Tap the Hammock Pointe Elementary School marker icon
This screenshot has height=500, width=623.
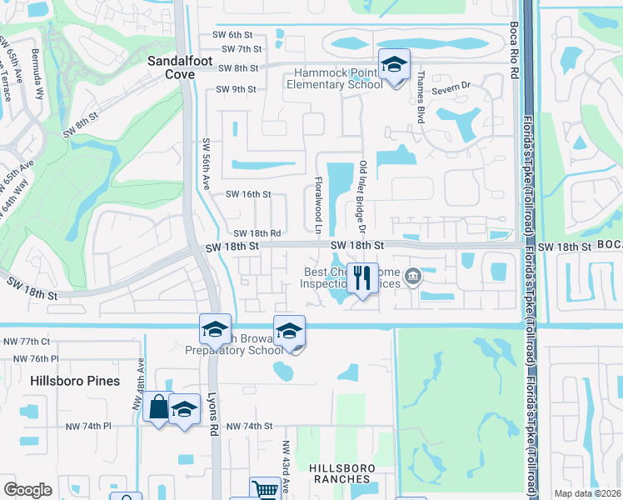coord(395,65)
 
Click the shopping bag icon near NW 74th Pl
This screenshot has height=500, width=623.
coord(158,408)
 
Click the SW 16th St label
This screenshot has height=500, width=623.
coord(249,194)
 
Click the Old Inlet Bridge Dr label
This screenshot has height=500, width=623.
coord(362,197)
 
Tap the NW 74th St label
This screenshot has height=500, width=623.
coord(250,426)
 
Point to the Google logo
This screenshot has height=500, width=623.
coord(27,490)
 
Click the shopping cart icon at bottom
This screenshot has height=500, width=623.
coord(265,490)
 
